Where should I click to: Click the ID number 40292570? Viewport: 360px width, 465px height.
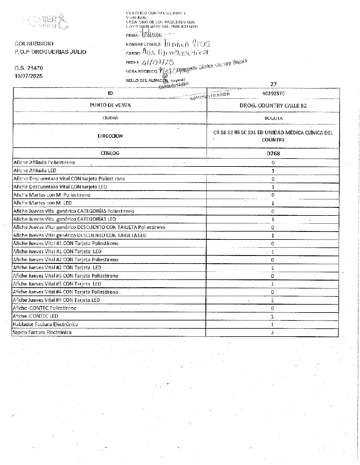(x=273, y=94)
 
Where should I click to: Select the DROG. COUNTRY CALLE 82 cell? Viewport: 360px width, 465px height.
(x=273, y=106)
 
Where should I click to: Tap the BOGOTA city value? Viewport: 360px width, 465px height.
(x=273, y=118)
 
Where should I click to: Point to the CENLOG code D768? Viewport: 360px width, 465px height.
(x=273, y=154)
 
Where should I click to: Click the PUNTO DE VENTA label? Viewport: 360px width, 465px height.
(x=110, y=105)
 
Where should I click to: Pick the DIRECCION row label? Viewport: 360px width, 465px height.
(x=110, y=136)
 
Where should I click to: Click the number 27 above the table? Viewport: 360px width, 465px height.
(x=273, y=84)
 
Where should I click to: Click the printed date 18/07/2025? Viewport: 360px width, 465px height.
(x=29, y=76)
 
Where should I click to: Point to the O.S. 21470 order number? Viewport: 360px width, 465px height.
(x=29, y=68)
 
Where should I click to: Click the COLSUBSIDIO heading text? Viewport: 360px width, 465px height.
(x=34, y=44)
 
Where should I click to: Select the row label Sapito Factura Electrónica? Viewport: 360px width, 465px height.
(x=42, y=332)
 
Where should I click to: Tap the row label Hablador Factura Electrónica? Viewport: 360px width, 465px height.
(x=45, y=324)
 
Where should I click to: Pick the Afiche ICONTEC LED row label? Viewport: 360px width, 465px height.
(x=36, y=316)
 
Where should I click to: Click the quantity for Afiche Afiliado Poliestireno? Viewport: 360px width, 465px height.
(x=273, y=163)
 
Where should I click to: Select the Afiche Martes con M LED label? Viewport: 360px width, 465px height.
(x=43, y=203)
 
